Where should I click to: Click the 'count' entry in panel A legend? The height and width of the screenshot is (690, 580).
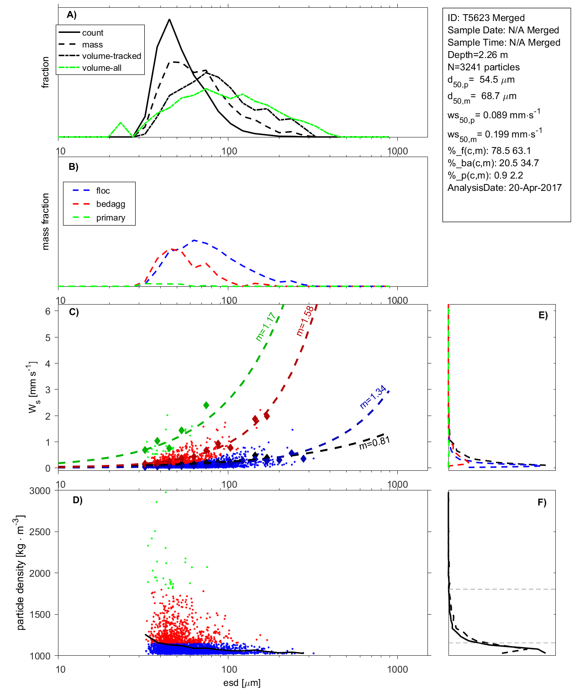[93, 33]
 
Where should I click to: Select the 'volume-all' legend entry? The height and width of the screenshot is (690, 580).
[102, 68]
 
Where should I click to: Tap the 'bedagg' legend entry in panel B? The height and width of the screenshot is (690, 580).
[111, 204]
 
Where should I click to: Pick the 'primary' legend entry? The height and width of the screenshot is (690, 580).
[111, 218]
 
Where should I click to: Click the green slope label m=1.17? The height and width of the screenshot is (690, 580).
[265, 327]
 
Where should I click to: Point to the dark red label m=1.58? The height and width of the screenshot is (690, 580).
[305, 321]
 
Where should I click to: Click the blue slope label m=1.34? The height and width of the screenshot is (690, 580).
[373, 397]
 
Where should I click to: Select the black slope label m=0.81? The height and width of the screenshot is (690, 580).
[374, 443]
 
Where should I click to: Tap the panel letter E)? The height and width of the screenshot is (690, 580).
[543, 315]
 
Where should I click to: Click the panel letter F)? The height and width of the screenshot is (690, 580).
[542, 502]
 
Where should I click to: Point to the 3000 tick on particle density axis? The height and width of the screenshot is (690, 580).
[40, 491]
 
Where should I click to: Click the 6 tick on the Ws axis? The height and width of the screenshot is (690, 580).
[47, 311]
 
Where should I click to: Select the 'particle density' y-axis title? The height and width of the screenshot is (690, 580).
[21, 573]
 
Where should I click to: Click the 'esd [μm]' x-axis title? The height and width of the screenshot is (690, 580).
[242, 683]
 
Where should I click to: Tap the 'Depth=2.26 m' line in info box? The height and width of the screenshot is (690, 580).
[478, 55]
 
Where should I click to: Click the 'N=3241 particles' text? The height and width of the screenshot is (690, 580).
[484, 67]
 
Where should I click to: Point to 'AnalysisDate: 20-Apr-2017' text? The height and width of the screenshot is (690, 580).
[505, 188]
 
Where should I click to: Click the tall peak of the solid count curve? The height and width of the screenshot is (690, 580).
[169, 20]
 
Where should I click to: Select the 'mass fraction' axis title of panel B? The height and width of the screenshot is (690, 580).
[46, 221]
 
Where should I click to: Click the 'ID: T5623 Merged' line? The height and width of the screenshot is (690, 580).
[486, 18]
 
